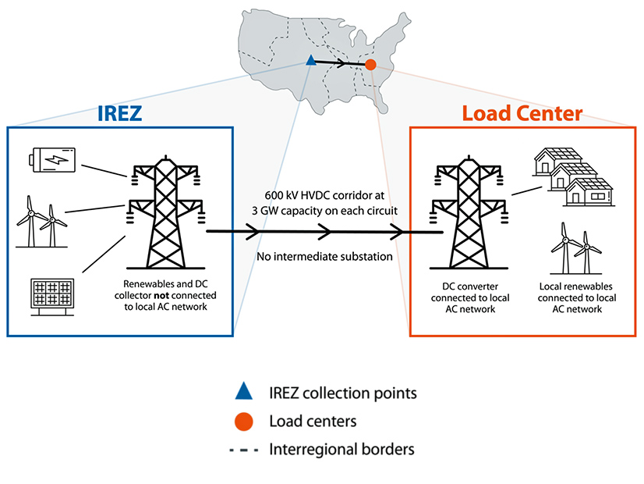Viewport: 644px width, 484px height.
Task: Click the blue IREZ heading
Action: click(x=120, y=114)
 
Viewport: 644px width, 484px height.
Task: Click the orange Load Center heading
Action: click(x=522, y=114)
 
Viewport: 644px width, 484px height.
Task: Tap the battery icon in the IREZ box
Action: click(x=53, y=160)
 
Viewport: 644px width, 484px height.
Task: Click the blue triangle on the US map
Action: click(x=310, y=60)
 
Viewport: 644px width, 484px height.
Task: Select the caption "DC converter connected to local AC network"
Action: click(x=465, y=297)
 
